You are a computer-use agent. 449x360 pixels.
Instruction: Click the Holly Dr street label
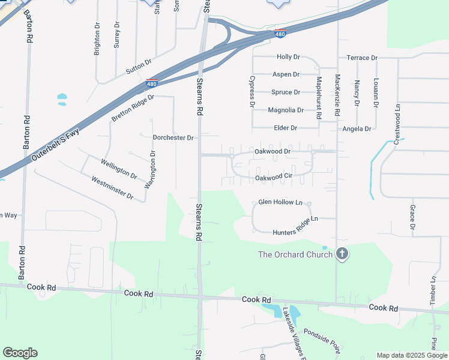tap(288, 57)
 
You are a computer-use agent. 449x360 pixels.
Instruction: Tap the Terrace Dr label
tap(362, 58)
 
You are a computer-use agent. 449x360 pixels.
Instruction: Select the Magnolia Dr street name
tap(286, 110)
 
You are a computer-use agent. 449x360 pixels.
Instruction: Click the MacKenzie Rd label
tap(337, 95)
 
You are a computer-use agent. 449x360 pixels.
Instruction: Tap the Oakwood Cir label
tap(273, 178)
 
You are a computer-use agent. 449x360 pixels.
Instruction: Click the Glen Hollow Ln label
tap(280, 202)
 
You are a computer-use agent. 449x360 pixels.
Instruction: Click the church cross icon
tap(342, 254)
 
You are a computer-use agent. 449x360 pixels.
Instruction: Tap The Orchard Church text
tap(295, 254)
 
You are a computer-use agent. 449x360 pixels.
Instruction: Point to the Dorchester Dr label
tap(173, 137)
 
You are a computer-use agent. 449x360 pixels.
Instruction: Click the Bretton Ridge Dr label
tap(133, 107)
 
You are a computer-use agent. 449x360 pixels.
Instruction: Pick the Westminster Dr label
tap(112, 188)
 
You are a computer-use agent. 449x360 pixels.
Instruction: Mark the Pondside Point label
tap(322, 340)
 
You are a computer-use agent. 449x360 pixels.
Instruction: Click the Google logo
tap(20, 353)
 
